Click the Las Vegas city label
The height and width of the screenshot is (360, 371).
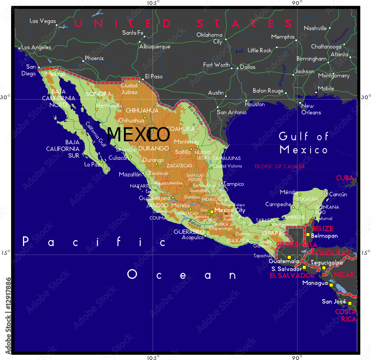[42, 21]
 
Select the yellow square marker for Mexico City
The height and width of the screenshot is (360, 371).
[212, 212]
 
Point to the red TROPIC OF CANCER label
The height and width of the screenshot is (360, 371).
[279, 167]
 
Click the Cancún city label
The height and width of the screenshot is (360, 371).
[338, 194]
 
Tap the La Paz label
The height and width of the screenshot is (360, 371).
[92, 164]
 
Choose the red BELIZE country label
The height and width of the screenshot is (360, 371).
[322, 228]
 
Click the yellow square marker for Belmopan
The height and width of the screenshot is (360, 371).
[308, 235]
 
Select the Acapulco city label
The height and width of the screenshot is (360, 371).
[193, 238]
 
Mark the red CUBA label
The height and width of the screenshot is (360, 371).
[345, 178]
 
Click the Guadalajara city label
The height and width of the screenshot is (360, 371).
[154, 198]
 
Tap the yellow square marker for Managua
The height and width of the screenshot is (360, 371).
[331, 285]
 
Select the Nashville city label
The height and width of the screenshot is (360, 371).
[315, 28]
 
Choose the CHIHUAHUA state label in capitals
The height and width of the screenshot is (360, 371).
[142, 110]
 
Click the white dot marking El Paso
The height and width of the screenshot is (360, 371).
[142, 79]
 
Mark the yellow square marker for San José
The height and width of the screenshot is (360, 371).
[349, 303]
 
